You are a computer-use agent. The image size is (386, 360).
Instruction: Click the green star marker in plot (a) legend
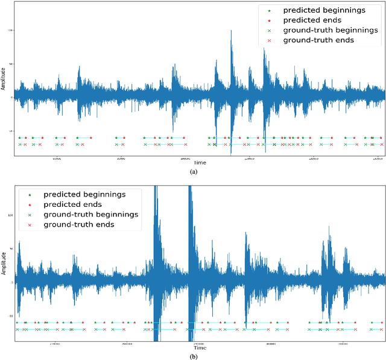coord(269,10)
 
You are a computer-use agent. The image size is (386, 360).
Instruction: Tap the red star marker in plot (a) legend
coord(269,20)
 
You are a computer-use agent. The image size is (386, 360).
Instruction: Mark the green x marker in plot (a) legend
coord(269,30)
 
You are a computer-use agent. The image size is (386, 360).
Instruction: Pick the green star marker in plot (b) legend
coord(30,195)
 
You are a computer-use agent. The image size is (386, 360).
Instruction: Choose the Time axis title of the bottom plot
coord(200,348)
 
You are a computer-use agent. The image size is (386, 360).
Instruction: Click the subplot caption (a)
coord(194,172)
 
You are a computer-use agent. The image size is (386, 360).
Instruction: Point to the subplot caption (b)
coord(194,356)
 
